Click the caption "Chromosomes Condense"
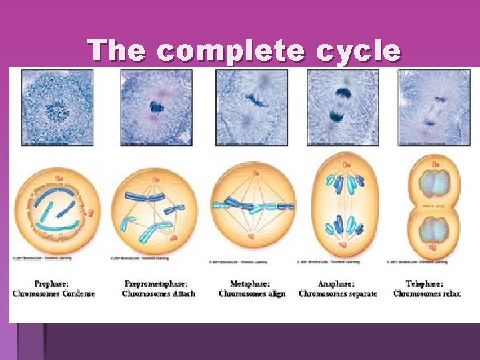(54, 294)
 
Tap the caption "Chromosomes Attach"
(159, 294)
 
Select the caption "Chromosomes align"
(252, 294)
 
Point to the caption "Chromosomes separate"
(338, 294)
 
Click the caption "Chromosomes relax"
(427, 294)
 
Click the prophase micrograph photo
(57, 107)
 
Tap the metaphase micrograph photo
(251, 107)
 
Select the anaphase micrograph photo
(343, 107)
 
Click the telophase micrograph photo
(434, 107)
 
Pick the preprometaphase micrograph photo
(156, 107)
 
